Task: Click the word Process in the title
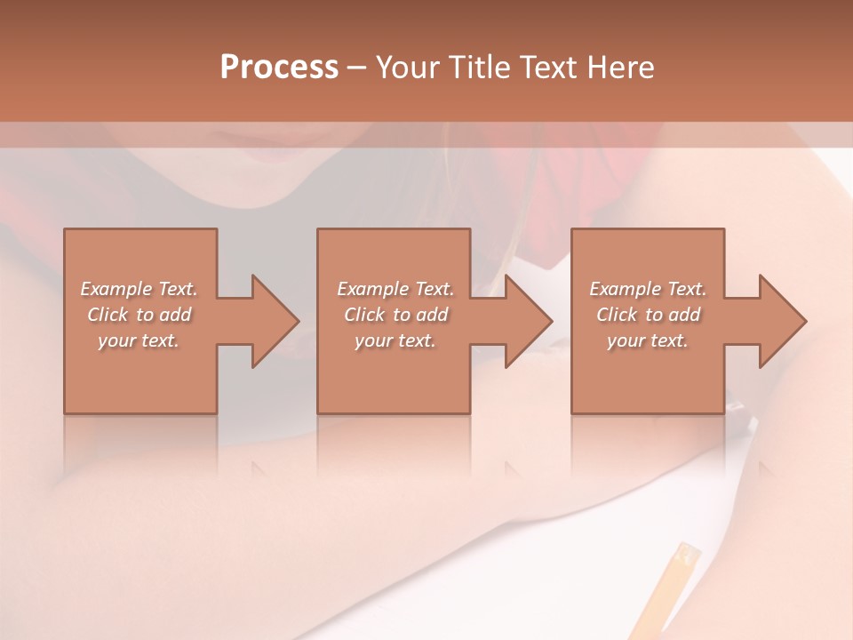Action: tap(279, 68)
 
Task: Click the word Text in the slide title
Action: tap(549, 68)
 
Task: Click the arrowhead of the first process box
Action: tap(271, 321)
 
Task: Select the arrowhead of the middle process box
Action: tap(525, 321)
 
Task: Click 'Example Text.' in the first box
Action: tap(139, 289)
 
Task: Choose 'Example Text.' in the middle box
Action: tap(395, 289)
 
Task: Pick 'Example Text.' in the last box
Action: tap(648, 289)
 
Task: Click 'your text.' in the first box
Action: tap(139, 340)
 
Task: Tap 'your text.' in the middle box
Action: tap(395, 340)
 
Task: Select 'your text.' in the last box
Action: tap(648, 340)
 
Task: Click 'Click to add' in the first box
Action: tap(139, 315)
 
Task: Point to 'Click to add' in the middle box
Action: tap(395, 315)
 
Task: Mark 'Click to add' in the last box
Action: tap(648, 315)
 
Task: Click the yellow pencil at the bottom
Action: tap(681, 578)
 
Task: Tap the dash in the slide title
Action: tap(357, 68)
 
